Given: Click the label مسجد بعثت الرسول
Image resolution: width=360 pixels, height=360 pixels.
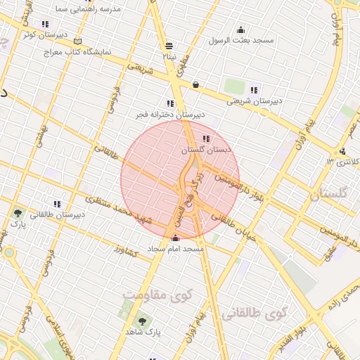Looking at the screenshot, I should [x=241, y=40].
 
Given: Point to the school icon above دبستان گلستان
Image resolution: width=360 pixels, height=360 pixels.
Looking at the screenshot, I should [x=206, y=139].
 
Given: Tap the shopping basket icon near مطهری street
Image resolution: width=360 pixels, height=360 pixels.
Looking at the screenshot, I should [x=195, y=85].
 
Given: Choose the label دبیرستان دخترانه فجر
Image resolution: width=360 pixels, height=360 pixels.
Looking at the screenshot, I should [x=171, y=114].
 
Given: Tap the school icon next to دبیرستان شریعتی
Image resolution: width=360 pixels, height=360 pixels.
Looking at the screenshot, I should [x=254, y=90].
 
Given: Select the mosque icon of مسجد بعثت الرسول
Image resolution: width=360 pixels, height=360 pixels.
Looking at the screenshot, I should [x=241, y=30].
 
